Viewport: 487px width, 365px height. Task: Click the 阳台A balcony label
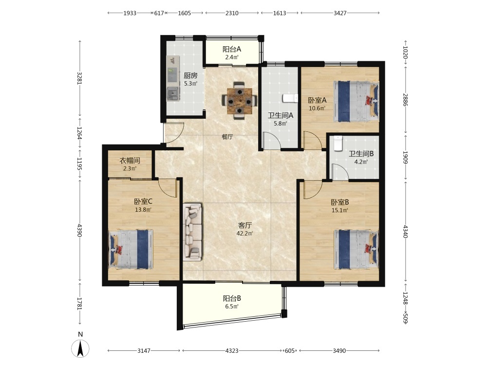pyautogui.click(x=232, y=49)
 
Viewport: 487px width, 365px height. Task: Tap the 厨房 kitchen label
pyautogui.click(x=190, y=75)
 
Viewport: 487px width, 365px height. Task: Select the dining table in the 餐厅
pyautogui.click(x=239, y=101)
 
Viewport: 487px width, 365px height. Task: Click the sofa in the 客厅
pyautogui.click(x=192, y=232)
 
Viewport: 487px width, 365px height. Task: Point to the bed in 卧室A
pyautogui.click(x=356, y=102)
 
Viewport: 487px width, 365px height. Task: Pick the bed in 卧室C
pyautogui.click(x=131, y=249)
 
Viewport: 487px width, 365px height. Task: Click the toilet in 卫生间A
pyautogui.click(x=290, y=98)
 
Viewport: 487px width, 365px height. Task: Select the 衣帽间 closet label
pyautogui.click(x=130, y=161)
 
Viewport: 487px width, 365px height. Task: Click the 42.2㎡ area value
pyautogui.click(x=244, y=234)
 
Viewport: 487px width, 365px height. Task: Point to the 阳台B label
pyautogui.click(x=232, y=299)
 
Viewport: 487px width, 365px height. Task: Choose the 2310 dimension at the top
pyautogui.click(x=232, y=13)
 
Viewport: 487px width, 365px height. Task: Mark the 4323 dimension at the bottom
pyautogui.click(x=232, y=351)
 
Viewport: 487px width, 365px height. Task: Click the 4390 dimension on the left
pyautogui.click(x=79, y=230)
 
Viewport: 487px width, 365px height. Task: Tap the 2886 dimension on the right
pyautogui.click(x=405, y=99)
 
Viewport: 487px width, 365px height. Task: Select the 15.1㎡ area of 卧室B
pyautogui.click(x=340, y=210)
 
